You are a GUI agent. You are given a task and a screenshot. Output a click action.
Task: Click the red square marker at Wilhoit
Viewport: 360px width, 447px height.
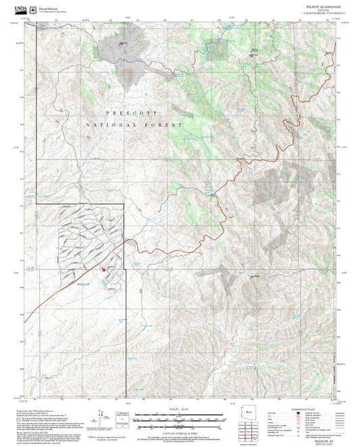coord(103,270)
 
